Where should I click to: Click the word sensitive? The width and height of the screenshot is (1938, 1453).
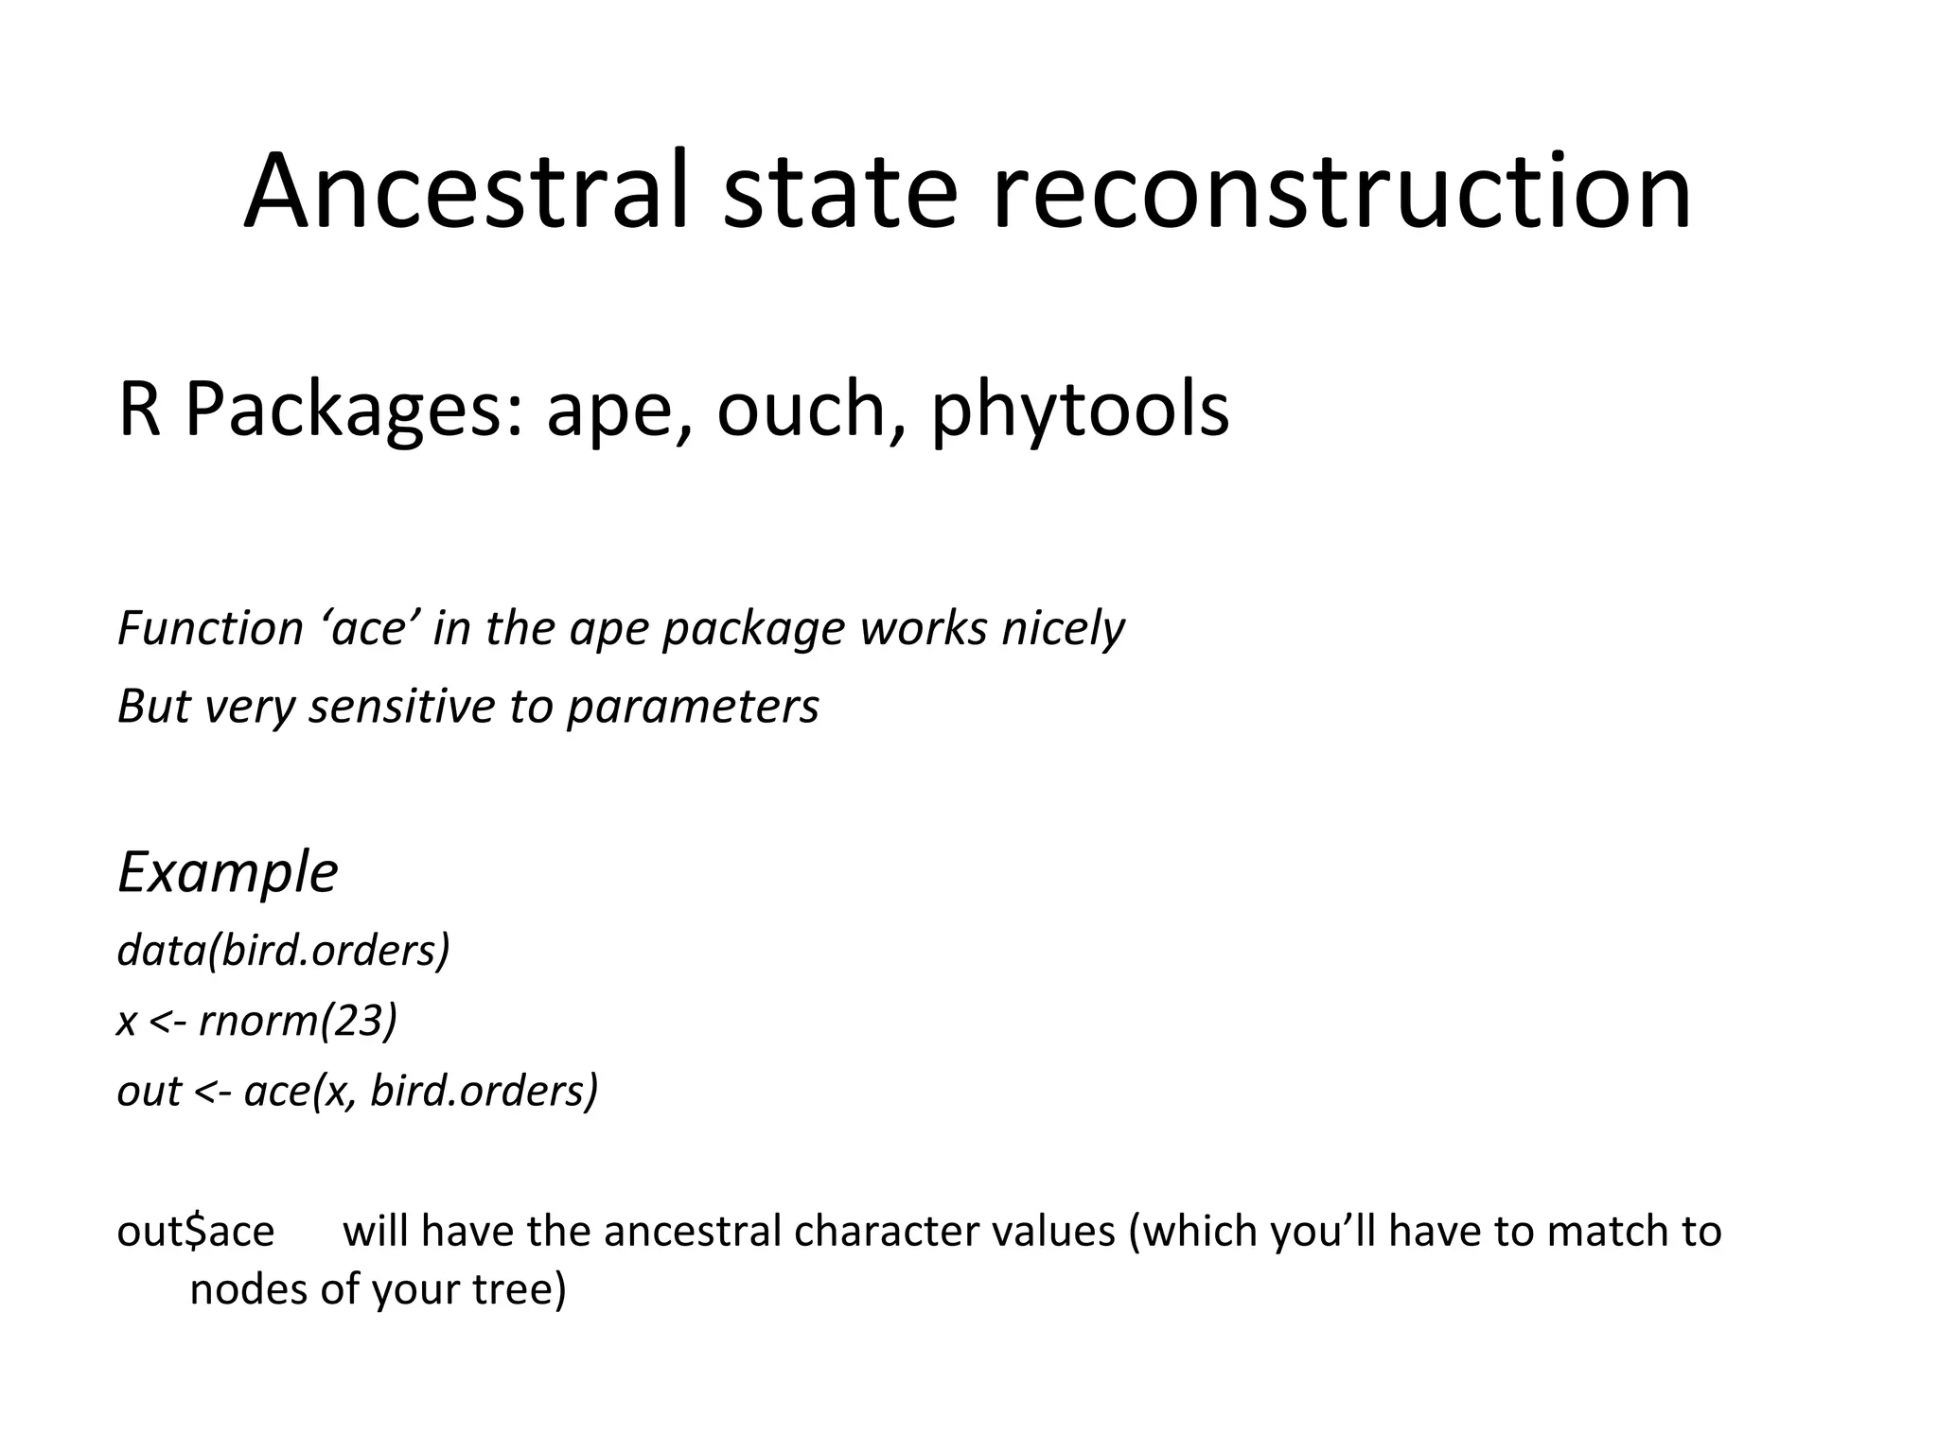point(403,706)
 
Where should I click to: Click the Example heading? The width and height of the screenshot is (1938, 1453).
point(228,872)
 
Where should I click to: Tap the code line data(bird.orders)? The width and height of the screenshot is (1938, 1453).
point(283,950)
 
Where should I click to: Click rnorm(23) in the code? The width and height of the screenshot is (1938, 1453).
point(298,1021)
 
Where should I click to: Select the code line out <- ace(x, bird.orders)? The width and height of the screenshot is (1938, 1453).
point(358,1091)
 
